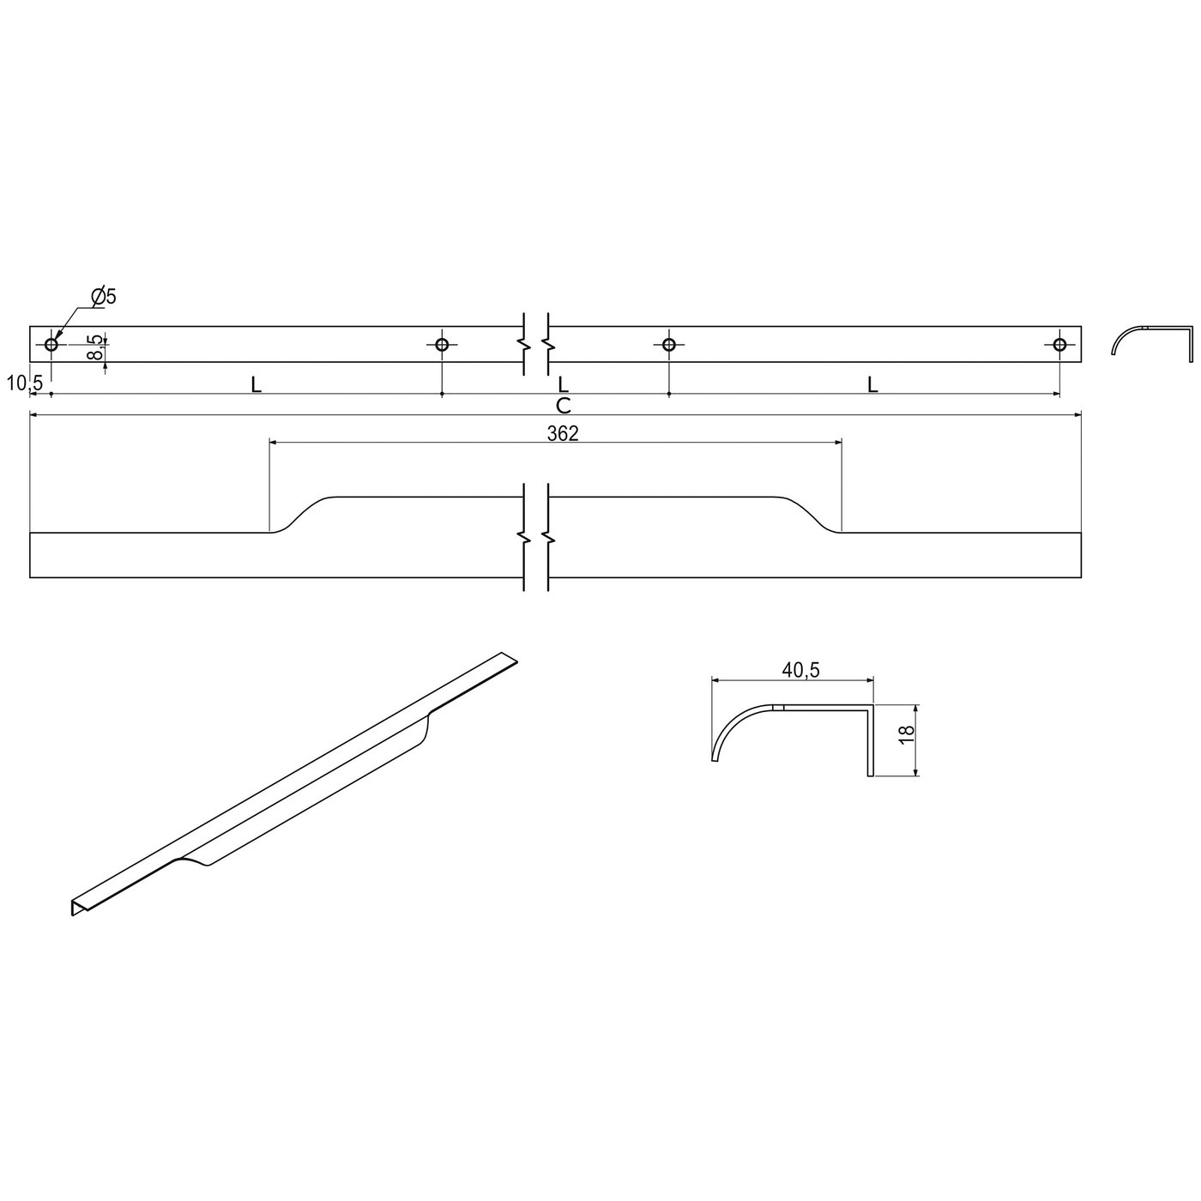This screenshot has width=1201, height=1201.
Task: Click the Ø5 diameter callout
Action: point(104,297)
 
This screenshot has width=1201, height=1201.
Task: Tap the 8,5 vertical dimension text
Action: point(97,347)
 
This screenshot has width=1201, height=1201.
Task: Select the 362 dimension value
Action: point(563,433)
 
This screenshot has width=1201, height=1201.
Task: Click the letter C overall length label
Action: point(563,405)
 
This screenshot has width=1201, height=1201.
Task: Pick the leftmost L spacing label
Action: point(256,385)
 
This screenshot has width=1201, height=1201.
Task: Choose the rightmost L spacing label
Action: point(872,385)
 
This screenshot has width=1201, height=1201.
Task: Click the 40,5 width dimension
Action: point(800,670)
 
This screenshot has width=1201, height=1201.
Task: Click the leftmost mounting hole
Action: point(51,345)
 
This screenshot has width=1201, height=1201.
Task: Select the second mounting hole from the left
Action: point(442,345)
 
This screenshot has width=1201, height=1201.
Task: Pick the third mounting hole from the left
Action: point(669,345)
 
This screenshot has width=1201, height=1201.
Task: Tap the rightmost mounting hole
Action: point(1059,345)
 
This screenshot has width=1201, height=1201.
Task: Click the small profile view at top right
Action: point(1152,339)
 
